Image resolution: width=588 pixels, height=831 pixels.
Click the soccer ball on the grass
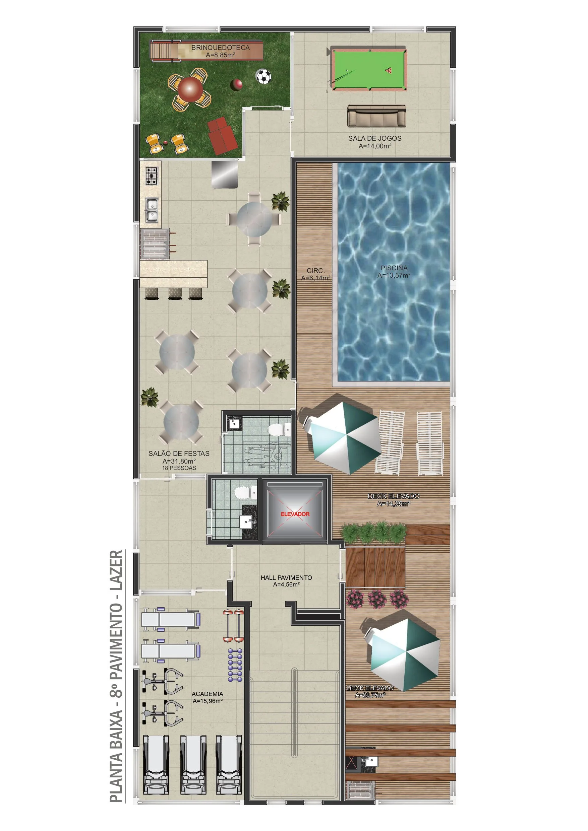(x=263, y=76)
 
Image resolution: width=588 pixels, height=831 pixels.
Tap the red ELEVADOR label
(x=295, y=514)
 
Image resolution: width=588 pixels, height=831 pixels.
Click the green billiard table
(x=368, y=69)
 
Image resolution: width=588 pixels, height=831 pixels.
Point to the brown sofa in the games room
(x=376, y=116)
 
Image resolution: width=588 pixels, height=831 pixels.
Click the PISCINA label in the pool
(x=394, y=268)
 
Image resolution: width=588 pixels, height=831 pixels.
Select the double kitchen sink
(x=152, y=210)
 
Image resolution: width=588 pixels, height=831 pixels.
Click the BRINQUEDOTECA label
(x=220, y=48)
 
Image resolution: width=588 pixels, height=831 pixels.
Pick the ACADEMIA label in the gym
(x=207, y=694)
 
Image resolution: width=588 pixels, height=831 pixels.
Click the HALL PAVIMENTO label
(x=286, y=578)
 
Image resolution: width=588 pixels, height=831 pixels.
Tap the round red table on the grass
(x=189, y=88)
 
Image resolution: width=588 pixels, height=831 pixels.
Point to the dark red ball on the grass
(x=236, y=85)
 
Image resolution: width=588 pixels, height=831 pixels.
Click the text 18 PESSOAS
(x=179, y=468)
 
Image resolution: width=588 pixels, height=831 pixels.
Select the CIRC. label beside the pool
(x=315, y=271)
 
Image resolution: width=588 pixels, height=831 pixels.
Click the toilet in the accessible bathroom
(x=276, y=430)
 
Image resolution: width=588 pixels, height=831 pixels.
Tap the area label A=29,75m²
(x=369, y=695)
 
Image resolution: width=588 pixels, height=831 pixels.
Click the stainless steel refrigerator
(x=225, y=174)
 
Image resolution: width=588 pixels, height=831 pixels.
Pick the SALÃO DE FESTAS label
(x=179, y=454)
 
